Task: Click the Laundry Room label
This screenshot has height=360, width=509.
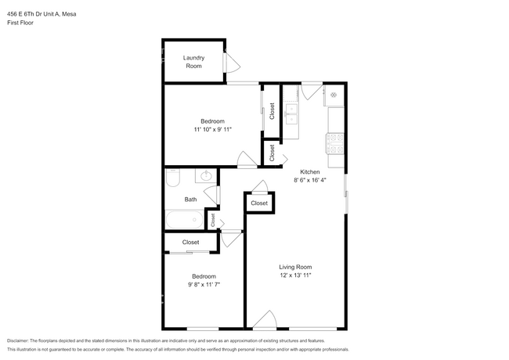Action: [193, 62]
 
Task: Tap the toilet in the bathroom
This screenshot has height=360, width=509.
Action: [173, 178]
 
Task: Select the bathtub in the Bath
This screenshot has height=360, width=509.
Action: [185, 220]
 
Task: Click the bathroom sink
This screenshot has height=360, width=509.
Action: [206, 176]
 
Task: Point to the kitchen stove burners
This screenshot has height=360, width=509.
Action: [335, 144]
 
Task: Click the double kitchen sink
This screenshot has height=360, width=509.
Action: [291, 113]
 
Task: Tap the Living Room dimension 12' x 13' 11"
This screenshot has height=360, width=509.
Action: [295, 275]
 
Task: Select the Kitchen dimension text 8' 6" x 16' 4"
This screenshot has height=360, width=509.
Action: [309, 180]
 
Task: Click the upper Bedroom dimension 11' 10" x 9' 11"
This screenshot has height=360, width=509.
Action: [213, 129]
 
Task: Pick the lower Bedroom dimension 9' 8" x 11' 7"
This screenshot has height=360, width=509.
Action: [204, 284]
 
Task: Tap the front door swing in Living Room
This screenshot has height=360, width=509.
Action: [265, 319]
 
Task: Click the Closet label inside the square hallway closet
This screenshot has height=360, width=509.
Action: [259, 203]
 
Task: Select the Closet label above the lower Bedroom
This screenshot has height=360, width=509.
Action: [190, 243]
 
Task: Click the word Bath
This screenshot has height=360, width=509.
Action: [190, 200]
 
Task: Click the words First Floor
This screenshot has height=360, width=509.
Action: [20, 23]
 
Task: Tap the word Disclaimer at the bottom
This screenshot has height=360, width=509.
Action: [18, 340]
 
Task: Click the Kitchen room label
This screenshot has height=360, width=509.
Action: [309, 172]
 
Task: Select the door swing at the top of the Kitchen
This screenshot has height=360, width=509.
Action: [312, 92]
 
